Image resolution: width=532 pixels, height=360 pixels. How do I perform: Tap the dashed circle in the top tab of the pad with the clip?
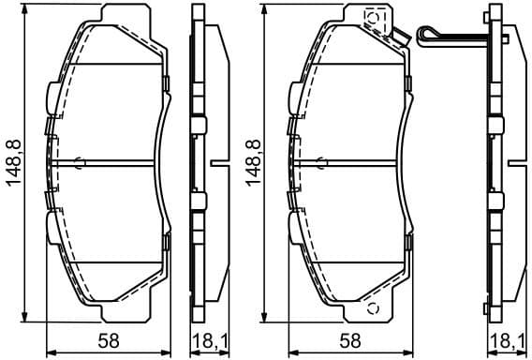click(x=371, y=17)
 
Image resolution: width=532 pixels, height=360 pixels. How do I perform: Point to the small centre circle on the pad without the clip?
click(x=80, y=161)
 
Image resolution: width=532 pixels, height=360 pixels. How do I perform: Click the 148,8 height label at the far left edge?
click(x=14, y=161)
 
